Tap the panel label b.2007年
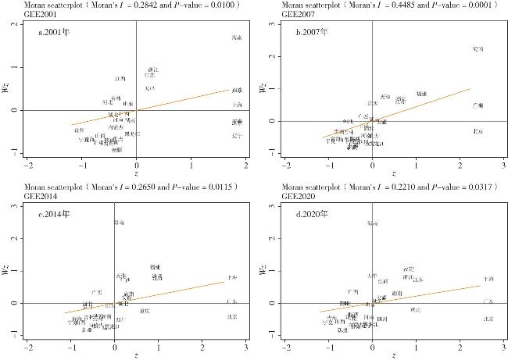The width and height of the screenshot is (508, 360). pos(312,33)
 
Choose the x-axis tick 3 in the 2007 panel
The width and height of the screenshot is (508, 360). pos(498,166)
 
